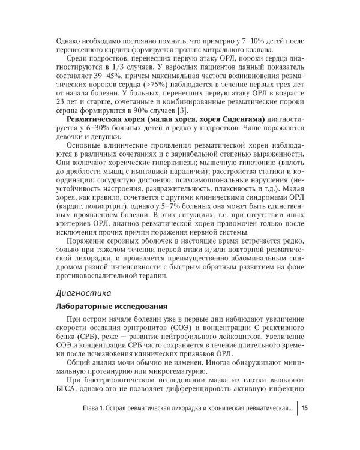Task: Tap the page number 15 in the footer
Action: [x=305, y=409]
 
